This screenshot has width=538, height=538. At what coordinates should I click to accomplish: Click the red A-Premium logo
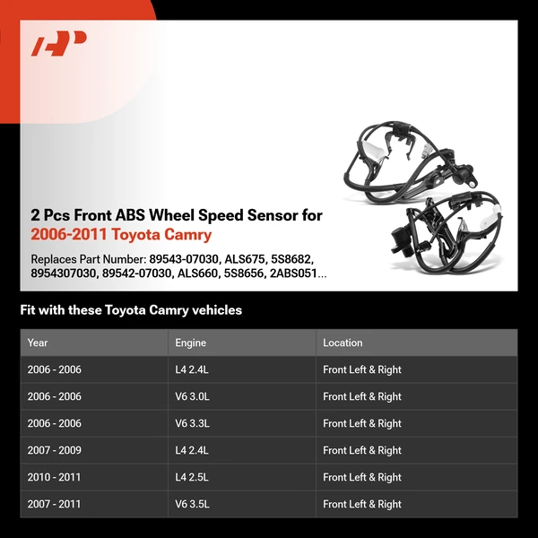(x=59, y=43)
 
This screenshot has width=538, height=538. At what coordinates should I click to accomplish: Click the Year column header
(x=38, y=343)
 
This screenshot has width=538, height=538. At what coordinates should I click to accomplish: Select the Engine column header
(x=190, y=343)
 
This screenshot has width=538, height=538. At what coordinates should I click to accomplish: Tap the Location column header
(x=343, y=343)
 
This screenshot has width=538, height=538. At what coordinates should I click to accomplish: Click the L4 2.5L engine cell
(x=193, y=477)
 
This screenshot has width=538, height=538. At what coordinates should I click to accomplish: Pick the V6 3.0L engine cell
(x=193, y=396)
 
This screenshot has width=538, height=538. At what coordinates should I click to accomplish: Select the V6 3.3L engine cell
(x=193, y=423)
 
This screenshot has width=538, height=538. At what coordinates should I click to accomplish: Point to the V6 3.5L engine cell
(x=193, y=504)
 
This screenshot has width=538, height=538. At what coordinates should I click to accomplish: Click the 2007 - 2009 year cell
(x=54, y=450)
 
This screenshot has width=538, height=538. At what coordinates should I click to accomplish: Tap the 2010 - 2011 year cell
(x=54, y=477)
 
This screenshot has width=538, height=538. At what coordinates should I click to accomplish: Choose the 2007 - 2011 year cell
(x=54, y=504)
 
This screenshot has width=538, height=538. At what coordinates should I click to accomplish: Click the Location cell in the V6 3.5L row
(x=362, y=504)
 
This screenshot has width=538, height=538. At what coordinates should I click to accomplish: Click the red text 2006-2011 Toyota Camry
(x=121, y=235)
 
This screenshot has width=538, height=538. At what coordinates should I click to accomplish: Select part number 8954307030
(x=63, y=273)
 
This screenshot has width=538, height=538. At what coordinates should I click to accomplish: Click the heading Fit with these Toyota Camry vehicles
(x=131, y=310)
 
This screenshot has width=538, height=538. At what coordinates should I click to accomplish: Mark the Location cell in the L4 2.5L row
(x=362, y=477)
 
